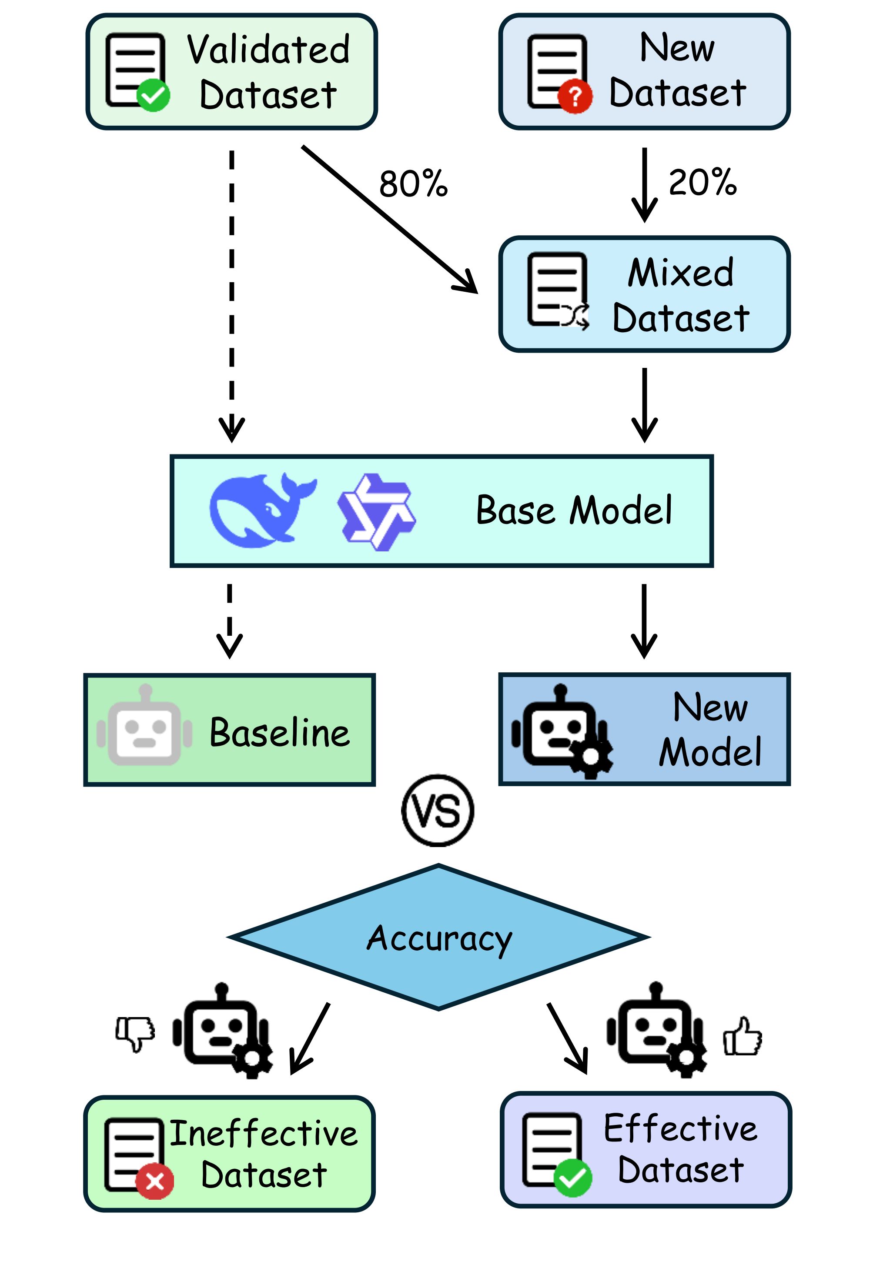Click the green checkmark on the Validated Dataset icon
pyautogui.click(x=153, y=95)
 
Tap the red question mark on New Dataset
pyautogui.click(x=575, y=97)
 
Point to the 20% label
pyautogui.click(x=702, y=182)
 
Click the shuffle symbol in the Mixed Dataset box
pyautogui.click(x=575, y=316)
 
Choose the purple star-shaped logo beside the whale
pyautogui.click(x=376, y=511)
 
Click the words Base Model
pyautogui.click(x=574, y=511)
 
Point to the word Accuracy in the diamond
pyautogui.click(x=439, y=939)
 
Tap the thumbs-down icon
pyautogui.click(x=135, y=1033)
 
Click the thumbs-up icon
pyautogui.click(x=742, y=1036)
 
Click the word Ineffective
pyautogui.click(x=264, y=1134)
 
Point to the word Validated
pyautogui.click(x=268, y=50)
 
